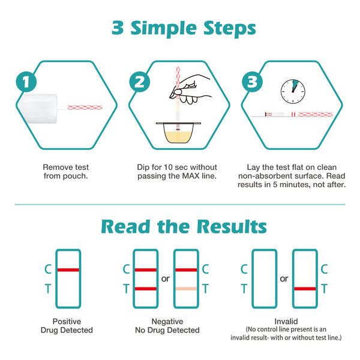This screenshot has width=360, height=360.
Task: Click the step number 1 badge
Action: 26,82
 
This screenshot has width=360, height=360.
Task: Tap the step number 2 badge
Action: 140,82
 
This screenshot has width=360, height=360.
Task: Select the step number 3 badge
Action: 253,82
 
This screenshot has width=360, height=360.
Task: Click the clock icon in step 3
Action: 293,91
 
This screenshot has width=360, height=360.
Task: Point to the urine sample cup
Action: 178,133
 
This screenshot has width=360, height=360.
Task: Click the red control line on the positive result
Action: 68,270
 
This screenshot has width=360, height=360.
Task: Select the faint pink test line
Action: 186,289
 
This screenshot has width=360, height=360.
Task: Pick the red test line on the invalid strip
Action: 305,289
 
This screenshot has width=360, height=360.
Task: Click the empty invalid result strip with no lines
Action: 265,279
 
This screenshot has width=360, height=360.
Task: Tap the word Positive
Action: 67,321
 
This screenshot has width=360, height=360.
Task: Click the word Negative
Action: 167,322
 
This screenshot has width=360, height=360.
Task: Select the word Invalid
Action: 286,321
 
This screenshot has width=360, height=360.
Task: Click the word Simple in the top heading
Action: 163,28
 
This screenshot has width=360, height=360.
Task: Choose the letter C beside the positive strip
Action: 48,269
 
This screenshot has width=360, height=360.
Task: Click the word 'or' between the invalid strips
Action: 284,279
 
